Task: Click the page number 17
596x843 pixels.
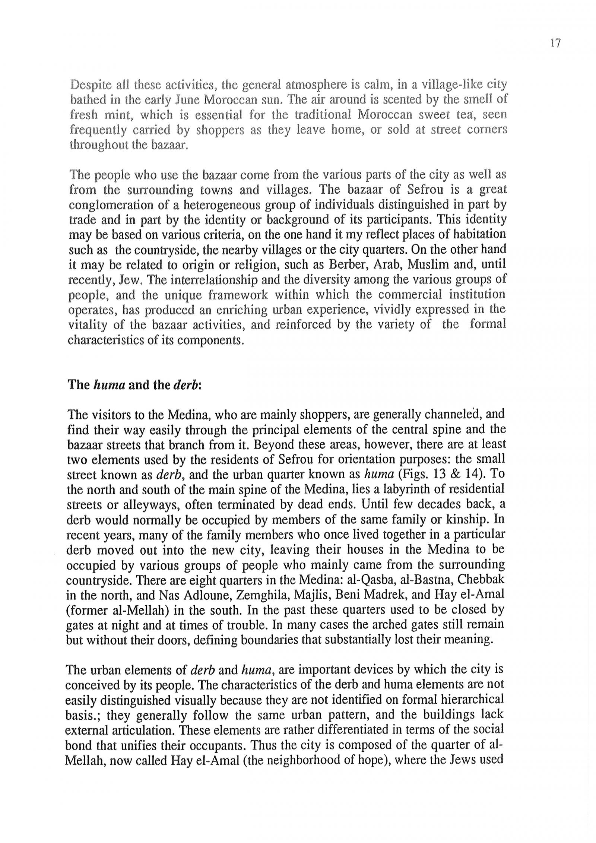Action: pos(555,44)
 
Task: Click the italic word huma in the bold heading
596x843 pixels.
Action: pos(108,385)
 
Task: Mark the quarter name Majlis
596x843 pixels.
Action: pos(311,595)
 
